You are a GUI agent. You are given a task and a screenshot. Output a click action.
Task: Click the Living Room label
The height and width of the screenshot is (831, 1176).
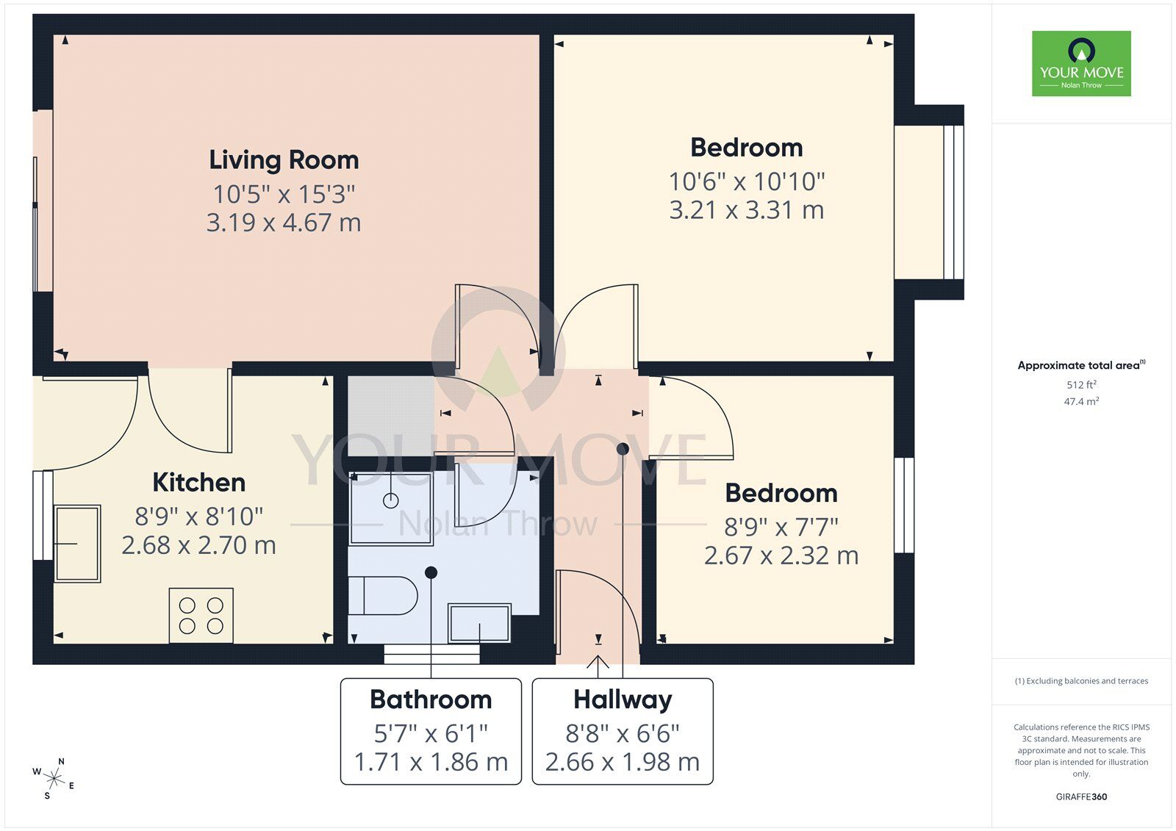[x=284, y=160]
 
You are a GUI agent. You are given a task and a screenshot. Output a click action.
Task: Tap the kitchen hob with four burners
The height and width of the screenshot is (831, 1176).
[x=201, y=616]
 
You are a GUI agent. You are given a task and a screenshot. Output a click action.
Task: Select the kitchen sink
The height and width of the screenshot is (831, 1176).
[x=77, y=544]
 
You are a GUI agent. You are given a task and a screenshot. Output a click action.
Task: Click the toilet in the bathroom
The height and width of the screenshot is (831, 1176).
[x=382, y=595]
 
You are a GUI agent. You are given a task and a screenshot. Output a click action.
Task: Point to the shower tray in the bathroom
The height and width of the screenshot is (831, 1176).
[x=390, y=508]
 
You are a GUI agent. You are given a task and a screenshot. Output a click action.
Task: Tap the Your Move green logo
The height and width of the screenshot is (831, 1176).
[x=1081, y=63]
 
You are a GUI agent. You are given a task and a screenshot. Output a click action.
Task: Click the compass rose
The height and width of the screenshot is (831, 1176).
[x=53, y=778]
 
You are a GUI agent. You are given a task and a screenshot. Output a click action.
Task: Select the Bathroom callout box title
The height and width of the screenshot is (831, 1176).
[x=431, y=699]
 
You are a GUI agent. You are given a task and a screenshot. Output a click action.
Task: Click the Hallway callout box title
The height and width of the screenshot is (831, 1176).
[x=623, y=699]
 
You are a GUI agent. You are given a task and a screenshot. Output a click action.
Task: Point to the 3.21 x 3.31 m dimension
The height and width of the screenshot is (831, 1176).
[x=746, y=210]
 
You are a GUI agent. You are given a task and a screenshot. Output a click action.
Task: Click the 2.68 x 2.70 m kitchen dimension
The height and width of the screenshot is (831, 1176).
[x=198, y=545]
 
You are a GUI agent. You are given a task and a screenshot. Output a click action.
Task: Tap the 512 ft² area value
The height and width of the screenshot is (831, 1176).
[x=1081, y=385]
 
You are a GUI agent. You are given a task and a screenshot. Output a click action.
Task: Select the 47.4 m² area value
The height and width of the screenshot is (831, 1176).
[x=1081, y=402]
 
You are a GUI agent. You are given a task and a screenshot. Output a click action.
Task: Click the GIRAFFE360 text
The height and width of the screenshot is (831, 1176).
[x=1081, y=796]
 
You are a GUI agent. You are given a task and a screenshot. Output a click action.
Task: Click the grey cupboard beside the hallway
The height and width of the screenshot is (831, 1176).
[x=390, y=416]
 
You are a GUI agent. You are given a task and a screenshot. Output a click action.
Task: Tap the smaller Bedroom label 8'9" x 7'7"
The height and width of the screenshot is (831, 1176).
[x=781, y=493]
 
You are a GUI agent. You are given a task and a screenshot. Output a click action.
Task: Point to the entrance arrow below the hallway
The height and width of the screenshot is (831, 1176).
[x=598, y=665]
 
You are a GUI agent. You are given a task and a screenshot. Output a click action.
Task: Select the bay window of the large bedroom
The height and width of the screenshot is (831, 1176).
[x=928, y=202]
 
